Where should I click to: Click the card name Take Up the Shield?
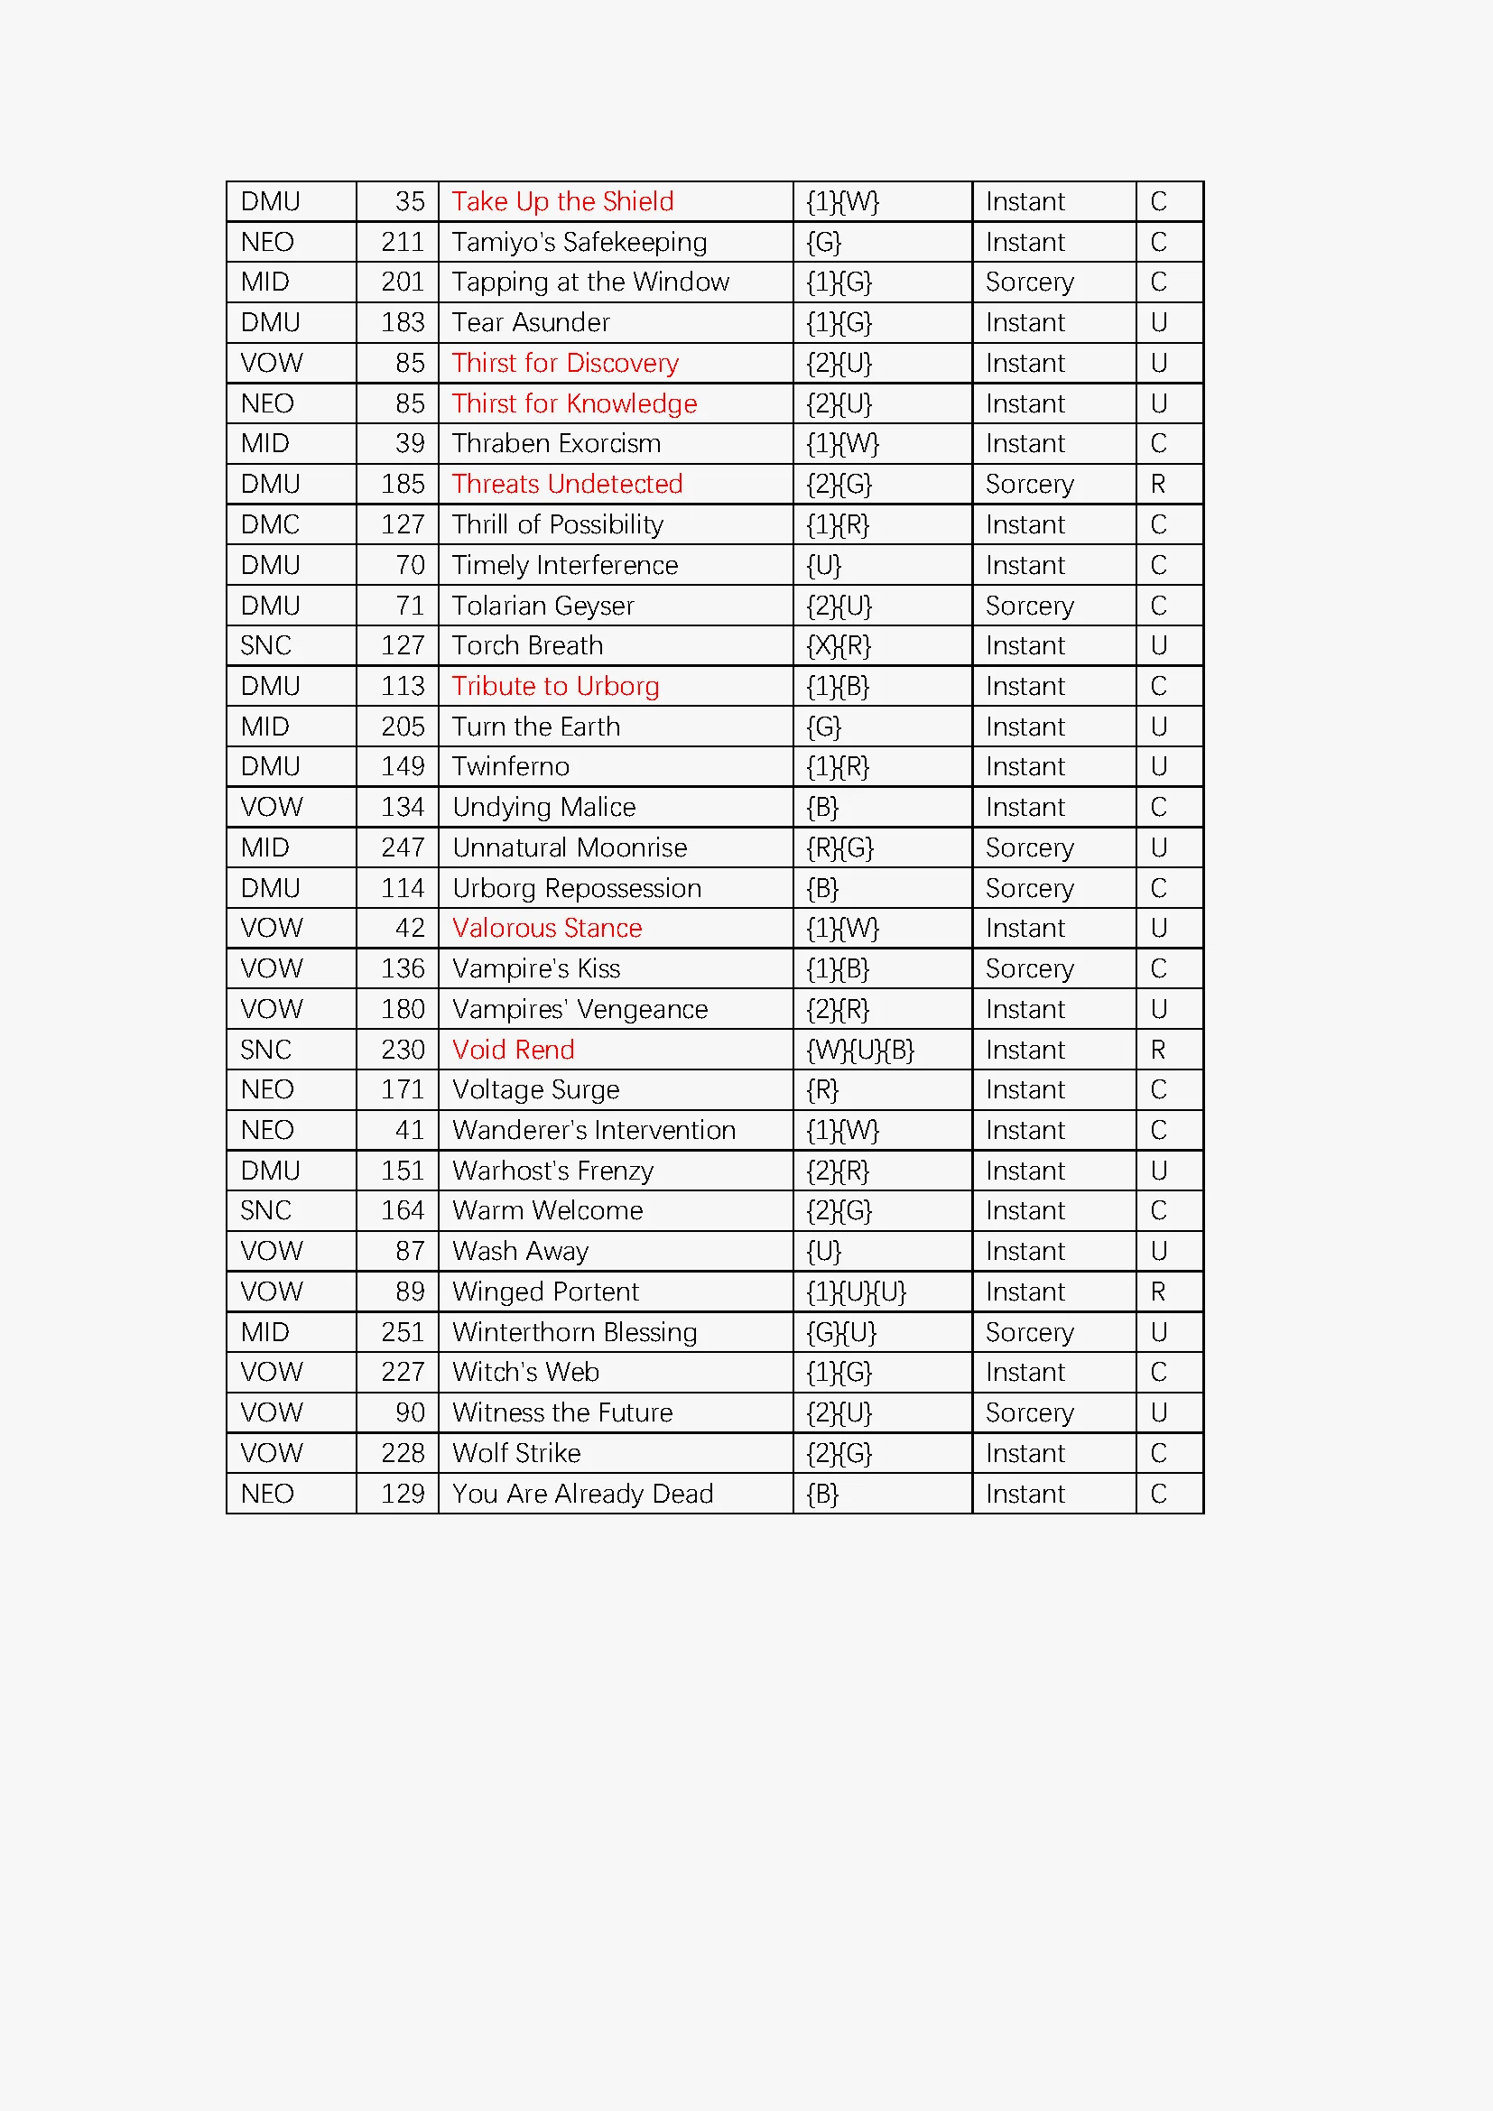[562, 201]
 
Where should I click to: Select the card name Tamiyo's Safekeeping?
[580, 242]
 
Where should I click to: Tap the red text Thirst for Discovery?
[564, 363]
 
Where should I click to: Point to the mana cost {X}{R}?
[838, 645]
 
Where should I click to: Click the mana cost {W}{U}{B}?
[859, 1050]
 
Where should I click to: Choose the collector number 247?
[403, 847]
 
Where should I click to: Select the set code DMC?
[269, 525]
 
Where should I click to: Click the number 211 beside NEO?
[403, 242]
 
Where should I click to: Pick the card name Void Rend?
[513, 1050]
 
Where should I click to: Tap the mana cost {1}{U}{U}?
[856, 1292]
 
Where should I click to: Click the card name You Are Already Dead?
[582, 1494]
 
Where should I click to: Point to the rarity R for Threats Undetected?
[1157, 485]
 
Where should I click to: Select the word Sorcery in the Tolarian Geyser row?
[1029, 606]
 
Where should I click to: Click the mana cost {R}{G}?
[839, 847]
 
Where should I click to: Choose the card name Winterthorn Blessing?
[575, 1332]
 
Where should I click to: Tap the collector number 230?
[403, 1050]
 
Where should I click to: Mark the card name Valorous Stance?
[547, 929]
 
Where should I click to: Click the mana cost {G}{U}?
[840, 1332]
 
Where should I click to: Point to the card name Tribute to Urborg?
[555, 687]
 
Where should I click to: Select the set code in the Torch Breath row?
[265, 645]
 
